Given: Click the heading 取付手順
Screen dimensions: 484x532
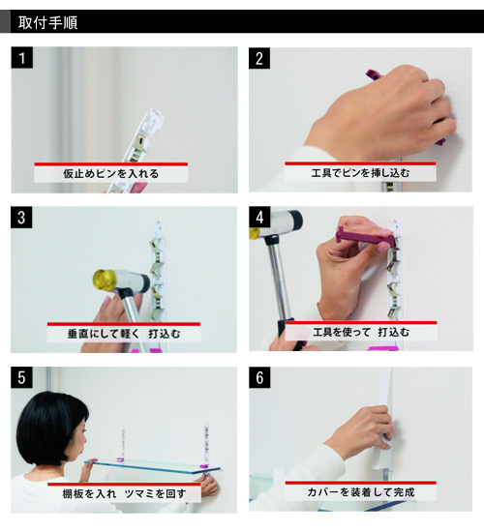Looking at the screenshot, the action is pos(47,22).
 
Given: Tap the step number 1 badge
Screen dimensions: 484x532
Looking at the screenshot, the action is pos(22,58).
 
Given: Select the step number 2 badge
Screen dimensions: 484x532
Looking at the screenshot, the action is pos(259,58).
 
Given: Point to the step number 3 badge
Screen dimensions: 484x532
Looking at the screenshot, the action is pos(21,218).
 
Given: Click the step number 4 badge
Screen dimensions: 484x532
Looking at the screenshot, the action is pos(259,217).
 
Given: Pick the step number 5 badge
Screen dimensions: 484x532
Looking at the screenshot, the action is pos(21,377).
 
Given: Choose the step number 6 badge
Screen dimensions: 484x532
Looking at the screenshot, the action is pos(259,377).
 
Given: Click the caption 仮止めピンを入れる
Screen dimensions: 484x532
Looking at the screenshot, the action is pos(111,174).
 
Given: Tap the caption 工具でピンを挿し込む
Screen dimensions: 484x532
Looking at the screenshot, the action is pos(360,173).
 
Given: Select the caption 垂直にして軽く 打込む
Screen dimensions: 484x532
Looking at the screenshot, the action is pos(124,334).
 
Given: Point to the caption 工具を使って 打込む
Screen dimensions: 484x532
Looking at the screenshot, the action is pos(361,332).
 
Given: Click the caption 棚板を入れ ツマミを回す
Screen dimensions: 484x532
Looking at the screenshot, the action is pos(124,493).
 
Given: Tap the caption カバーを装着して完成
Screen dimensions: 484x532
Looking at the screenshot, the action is pos(361,492).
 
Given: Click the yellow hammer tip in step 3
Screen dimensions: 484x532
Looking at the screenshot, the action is pos(104,281).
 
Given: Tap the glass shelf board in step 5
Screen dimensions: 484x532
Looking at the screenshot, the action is pos(153,467).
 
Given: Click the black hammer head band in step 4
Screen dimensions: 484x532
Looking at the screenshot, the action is pos(295,220).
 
